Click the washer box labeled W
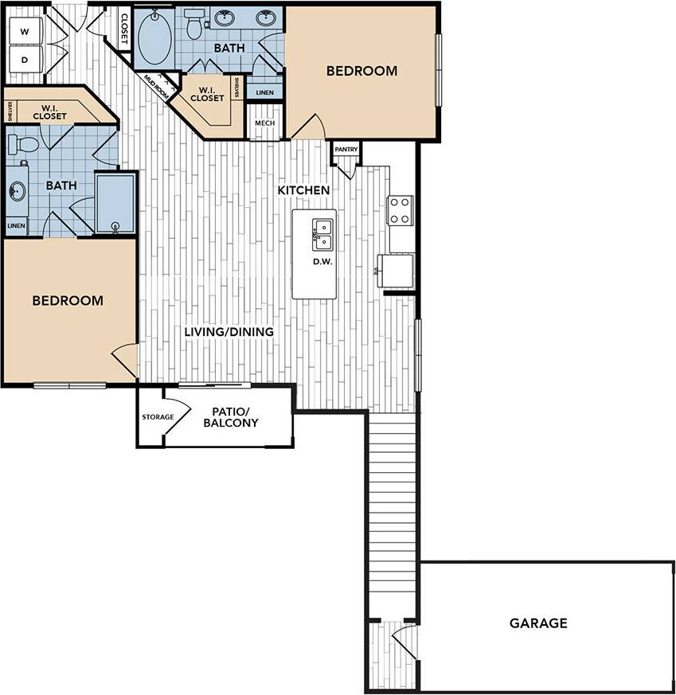24,32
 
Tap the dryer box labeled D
24,60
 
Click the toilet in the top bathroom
193,25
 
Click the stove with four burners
401,210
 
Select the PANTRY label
346,149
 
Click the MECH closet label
264,123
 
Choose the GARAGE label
538,623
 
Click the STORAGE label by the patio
158,417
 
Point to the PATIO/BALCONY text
231,417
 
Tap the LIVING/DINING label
229,332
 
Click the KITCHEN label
303,190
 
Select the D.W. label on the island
322,261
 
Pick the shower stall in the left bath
115,203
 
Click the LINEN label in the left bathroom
16,226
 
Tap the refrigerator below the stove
396,271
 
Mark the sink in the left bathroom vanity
17,190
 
